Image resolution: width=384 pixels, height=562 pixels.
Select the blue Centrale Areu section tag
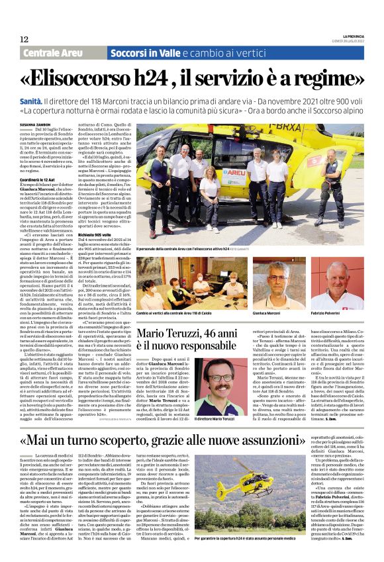[x=52, y=53]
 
